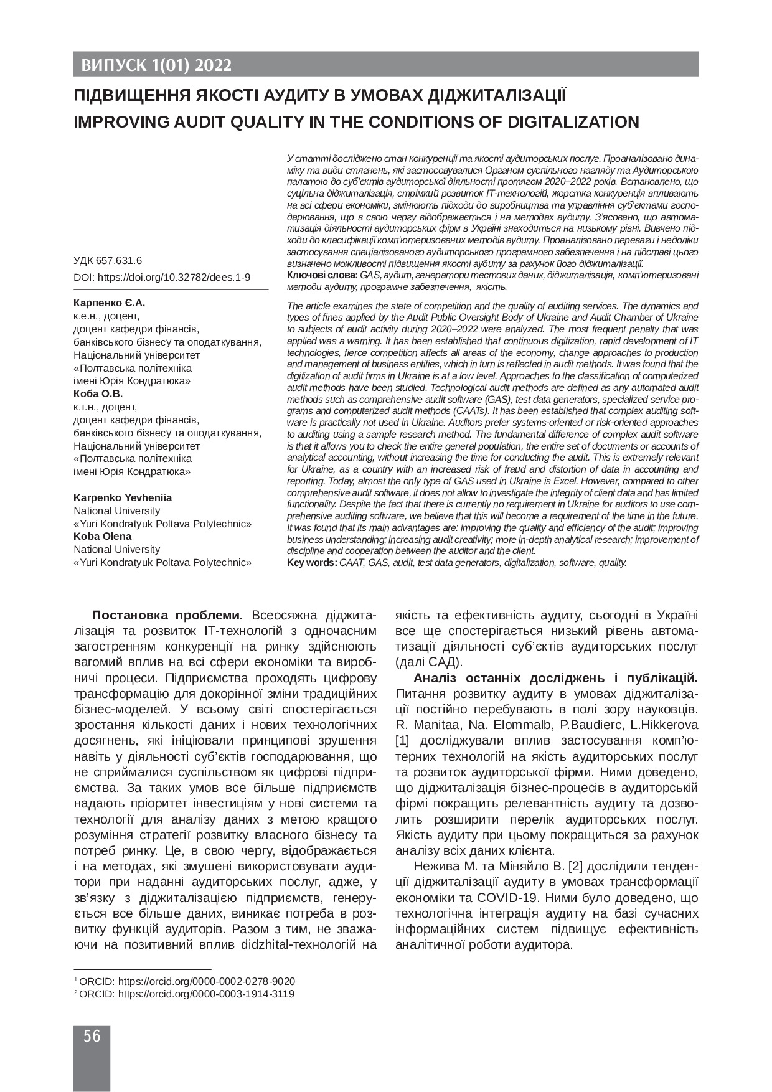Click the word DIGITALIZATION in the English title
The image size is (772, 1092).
click(x=568, y=121)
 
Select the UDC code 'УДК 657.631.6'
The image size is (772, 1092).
click(x=108, y=261)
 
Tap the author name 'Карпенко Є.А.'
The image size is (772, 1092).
click(x=109, y=303)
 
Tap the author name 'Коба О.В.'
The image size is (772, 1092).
click(x=98, y=394)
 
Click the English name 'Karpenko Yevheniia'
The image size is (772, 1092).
click(x=123, y=498)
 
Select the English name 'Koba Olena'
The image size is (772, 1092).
click(x=103, y=537)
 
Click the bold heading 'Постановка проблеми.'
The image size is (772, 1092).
click(x=167, y=616)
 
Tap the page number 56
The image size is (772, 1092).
click(x=92, y=1037)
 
